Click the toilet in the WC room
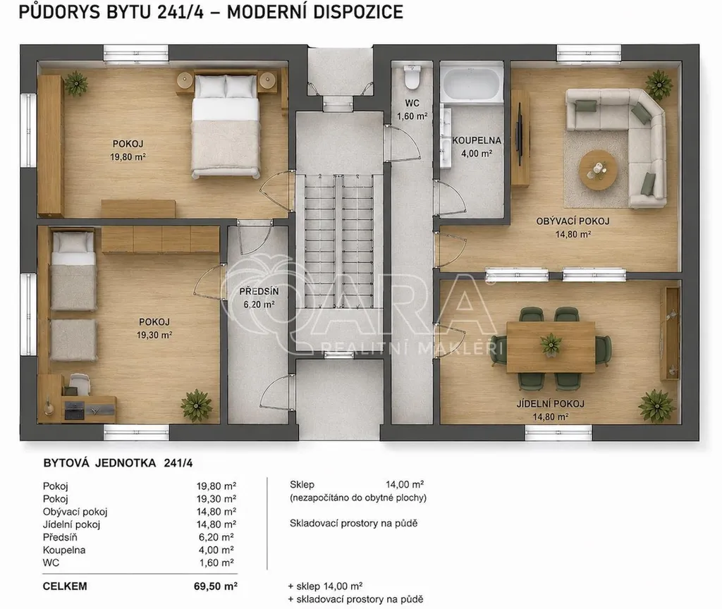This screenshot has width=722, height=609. [x=411, y=76]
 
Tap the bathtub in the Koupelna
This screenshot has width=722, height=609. [x=470, y=84]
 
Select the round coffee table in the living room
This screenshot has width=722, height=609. [x=598, y=169]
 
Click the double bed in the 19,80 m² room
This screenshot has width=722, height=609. [x=225, y=125]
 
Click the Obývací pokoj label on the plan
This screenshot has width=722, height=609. [x=573, y=221]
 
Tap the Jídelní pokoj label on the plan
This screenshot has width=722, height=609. [x=550, y=404]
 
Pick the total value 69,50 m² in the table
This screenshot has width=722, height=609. [x=216, y=586]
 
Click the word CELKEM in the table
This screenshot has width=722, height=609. [x=65, y=586]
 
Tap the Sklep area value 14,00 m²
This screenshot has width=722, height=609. [x=405, y=484]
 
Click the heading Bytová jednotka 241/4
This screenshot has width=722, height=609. [x=118, y=463]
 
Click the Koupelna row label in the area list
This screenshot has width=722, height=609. [x=64, y=550]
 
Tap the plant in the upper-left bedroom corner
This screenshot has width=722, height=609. [x=75, y=84]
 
